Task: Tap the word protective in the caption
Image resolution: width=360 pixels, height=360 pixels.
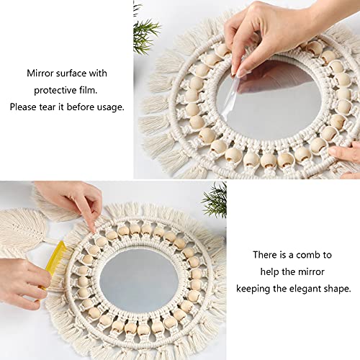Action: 55,91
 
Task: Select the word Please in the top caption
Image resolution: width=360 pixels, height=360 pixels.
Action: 23,107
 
